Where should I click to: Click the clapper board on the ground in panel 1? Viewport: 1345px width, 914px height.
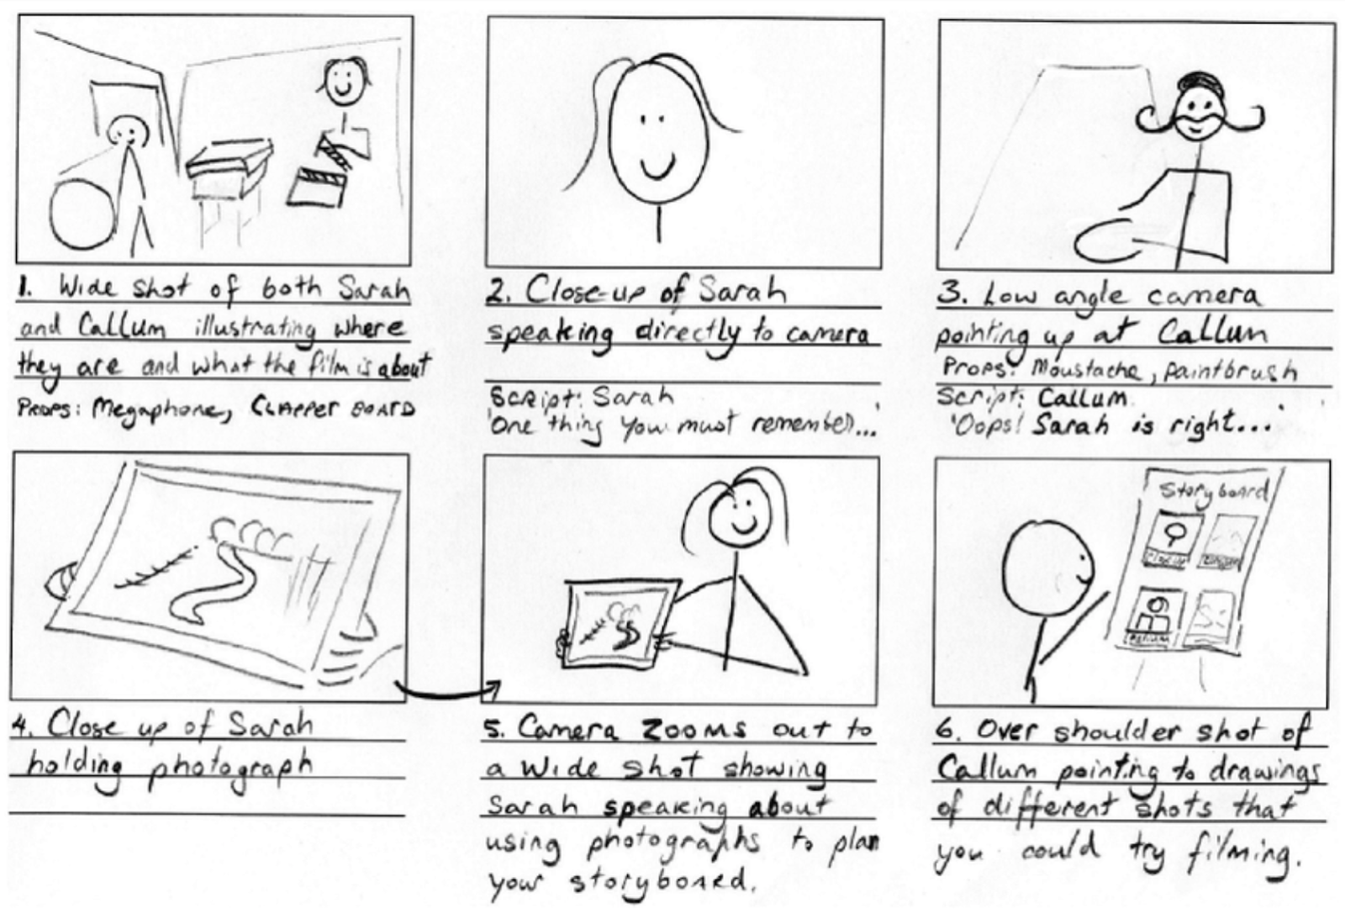click(316, 187)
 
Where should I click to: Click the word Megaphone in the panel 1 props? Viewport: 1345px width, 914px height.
click(161, 409)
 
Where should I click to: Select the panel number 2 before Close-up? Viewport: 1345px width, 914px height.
click(499, 293)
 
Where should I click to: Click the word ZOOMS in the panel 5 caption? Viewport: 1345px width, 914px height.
click(694, 729)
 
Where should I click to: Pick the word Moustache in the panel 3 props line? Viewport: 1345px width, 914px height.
click(1085, 368)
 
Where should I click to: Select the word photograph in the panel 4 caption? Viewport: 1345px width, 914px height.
click(229, 767)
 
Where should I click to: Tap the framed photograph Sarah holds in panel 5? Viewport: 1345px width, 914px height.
click(618, 622)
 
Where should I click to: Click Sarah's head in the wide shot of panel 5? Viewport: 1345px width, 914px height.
click(741, 513)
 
